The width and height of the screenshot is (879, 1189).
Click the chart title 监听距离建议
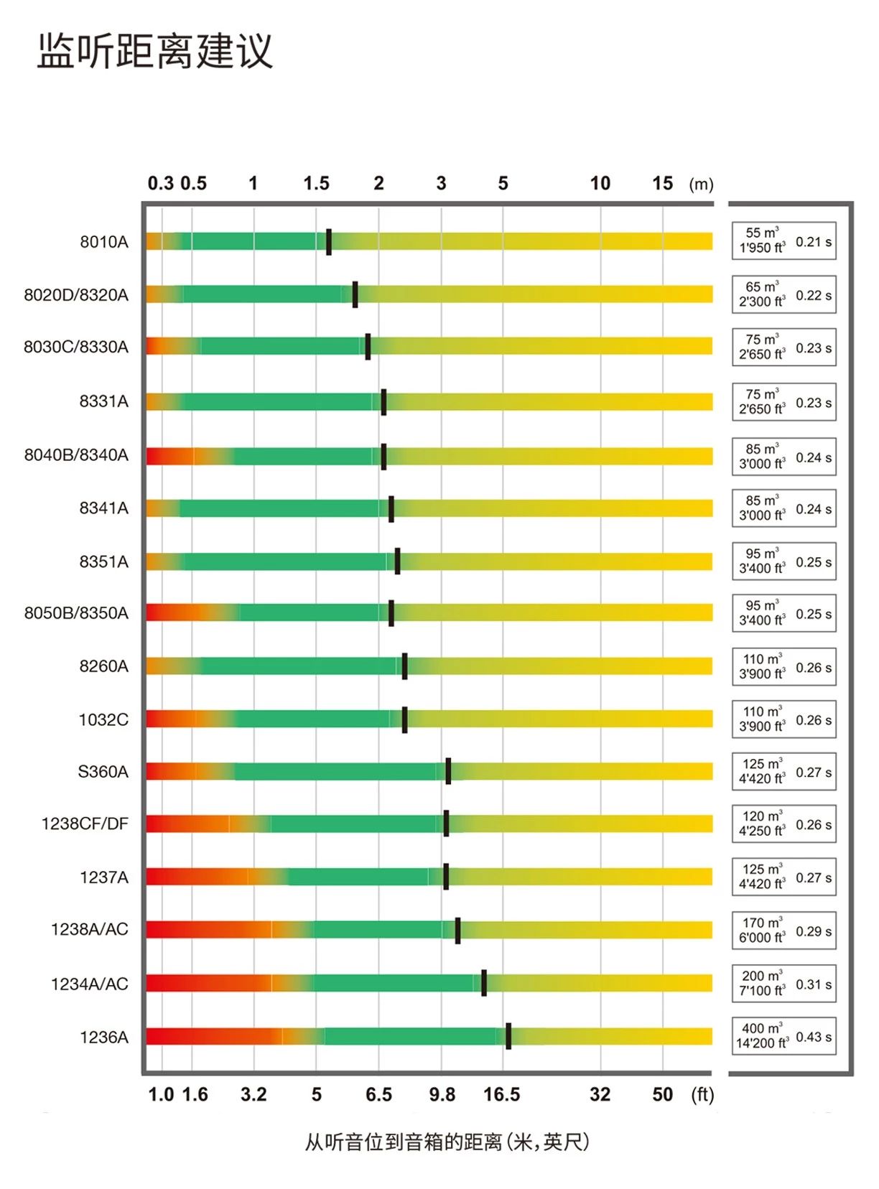(155, 50)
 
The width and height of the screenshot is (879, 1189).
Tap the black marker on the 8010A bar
(329, 242)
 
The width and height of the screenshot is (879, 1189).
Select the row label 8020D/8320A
(76, 294)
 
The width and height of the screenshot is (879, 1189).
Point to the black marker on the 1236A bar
(508, 1036)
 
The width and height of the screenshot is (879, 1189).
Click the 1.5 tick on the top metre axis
(316, 183)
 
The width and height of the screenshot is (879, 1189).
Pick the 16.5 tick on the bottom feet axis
(501, 1094)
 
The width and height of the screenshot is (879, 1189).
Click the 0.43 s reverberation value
(814, 1037)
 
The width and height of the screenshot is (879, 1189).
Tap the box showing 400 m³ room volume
(762, 1036)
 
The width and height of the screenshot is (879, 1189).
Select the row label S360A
(103, 772)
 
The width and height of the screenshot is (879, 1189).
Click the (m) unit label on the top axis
(701, 185)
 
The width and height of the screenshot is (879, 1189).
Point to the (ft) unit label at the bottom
(702, 1095)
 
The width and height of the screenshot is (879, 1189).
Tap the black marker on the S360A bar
(448, 771)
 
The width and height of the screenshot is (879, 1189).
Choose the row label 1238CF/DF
(85, 824)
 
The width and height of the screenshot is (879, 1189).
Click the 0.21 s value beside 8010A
(814, 242)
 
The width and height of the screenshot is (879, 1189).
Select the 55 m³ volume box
(762, 241)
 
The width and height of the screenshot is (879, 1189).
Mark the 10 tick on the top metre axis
(600, 183)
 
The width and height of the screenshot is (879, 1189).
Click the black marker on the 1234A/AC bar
(484, 983)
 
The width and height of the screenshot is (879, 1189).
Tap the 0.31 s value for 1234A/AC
(814, 984)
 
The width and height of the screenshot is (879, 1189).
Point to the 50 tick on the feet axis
(662, 1094)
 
